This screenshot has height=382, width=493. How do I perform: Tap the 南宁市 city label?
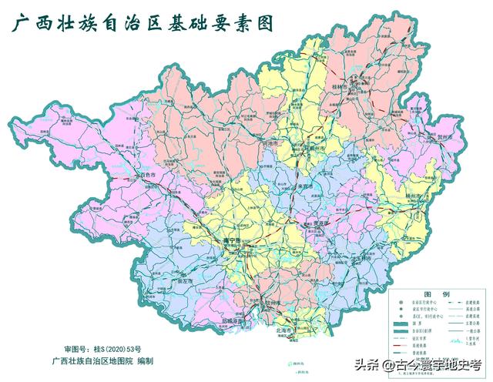[x=232, y=241]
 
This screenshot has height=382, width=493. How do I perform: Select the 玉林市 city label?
[x=361, y=258]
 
